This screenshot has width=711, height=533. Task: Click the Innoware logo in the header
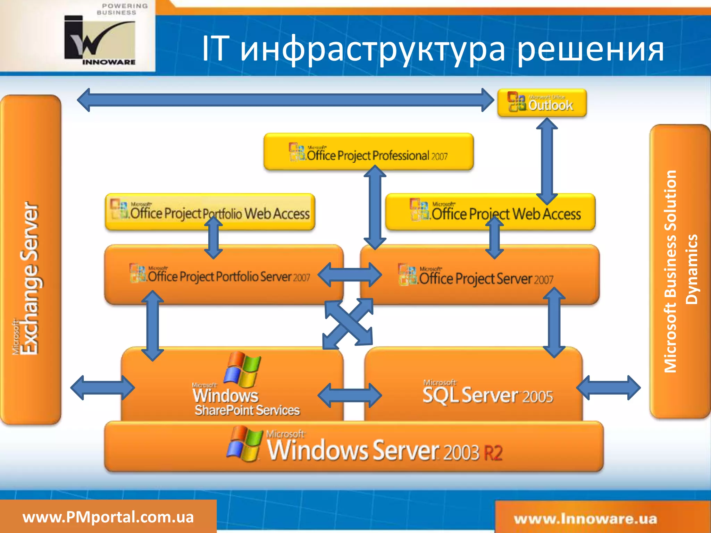click(100, 39)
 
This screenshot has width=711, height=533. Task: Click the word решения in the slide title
click(590, 49)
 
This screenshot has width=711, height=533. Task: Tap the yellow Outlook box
click(542, 103)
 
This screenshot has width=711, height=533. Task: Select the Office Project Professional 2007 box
click(368, 152)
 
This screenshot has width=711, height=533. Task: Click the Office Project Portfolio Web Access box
click(210, 212)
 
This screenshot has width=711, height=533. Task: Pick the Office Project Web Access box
click(490, 212)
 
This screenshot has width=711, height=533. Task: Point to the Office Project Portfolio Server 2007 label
click(220, 276)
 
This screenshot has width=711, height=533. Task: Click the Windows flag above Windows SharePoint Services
click(242, 369)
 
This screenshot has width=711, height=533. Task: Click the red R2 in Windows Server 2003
click(493, 452)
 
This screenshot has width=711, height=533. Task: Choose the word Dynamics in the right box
click(692, 269)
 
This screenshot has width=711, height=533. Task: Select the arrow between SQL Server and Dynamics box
click(608, 388)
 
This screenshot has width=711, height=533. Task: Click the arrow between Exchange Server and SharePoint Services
click(102, 388)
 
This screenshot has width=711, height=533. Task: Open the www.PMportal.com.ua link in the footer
click(108, 517)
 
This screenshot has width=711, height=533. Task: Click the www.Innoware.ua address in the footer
click(585, 519)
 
